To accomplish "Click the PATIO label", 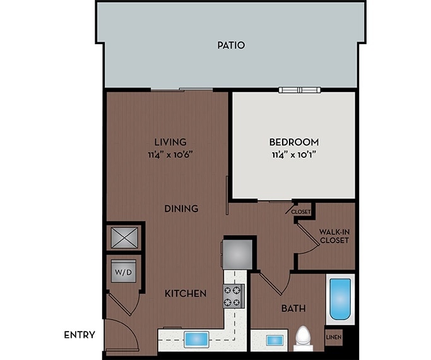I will (230, 45).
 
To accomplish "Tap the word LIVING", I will (170, 142).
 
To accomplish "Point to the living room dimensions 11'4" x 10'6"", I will (170, 153).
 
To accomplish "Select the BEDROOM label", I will (295, 142).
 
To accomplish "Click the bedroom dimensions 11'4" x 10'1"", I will (295, 153).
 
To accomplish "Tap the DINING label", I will (182, 208).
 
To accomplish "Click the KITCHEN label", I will (186, 294).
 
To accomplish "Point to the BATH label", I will (293, 309).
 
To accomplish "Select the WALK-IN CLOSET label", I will (334, 236).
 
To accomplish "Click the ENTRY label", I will (80, 335).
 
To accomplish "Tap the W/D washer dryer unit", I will (124, 272).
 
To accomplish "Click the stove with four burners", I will (233, 296).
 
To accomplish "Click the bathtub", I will (340, 297).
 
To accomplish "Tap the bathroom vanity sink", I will (275, 340).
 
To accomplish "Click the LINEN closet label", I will (333, 337).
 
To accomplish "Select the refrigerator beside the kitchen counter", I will (239, 253).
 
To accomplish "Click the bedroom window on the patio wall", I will (300, 90).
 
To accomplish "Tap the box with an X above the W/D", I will (124, 238).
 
